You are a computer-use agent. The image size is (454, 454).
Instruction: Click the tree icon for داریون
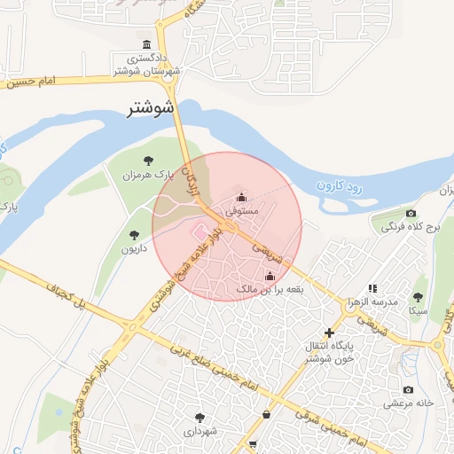[x=134, y=235]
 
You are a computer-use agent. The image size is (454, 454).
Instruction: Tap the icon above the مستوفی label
[x=241, y=198]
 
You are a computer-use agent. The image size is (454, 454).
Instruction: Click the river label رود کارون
[x=340, y=186]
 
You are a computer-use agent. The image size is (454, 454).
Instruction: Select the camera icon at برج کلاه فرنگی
[x=410, y=213]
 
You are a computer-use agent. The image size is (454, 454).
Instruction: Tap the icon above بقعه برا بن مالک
[x=270, y=276]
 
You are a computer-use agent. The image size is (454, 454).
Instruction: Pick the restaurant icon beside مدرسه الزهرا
[x=372, y=288]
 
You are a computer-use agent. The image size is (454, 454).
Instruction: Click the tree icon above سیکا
[x=418, y=297]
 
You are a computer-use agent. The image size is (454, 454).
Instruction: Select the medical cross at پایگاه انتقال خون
[x=329, y=333]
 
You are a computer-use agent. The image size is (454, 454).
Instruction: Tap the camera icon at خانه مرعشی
[x=408, y=389]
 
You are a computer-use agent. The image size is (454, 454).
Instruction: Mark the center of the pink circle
[x=227, y=226]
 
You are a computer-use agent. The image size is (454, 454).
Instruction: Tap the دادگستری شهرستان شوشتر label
[x=146, y=64]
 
